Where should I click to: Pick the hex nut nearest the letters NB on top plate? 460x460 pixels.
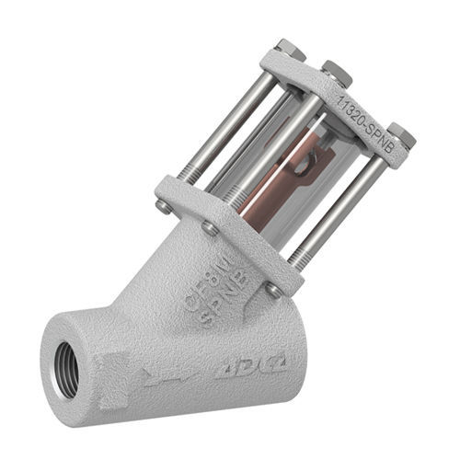point(401,135)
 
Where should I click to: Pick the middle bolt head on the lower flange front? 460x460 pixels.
point(211,228)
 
